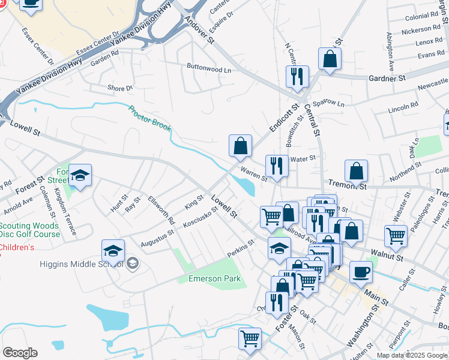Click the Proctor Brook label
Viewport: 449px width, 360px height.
coord(149,119)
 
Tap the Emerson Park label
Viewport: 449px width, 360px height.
coord(214,278)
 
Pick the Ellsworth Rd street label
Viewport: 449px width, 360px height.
coord(163,211)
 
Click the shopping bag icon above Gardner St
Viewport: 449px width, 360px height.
coord(330,59)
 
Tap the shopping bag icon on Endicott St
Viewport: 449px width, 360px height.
coord(240,146)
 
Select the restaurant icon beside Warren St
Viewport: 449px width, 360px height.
coord(277,166)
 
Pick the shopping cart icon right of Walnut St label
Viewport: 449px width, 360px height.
coord(396,236)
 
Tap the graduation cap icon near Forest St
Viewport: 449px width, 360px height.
coord(80,175)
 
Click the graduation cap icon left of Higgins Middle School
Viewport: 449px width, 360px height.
coord(113,251)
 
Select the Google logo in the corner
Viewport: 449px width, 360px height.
coord(20,353)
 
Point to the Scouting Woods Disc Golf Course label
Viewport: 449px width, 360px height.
coord(30,230)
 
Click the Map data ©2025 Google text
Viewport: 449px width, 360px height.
coord(411,355)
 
